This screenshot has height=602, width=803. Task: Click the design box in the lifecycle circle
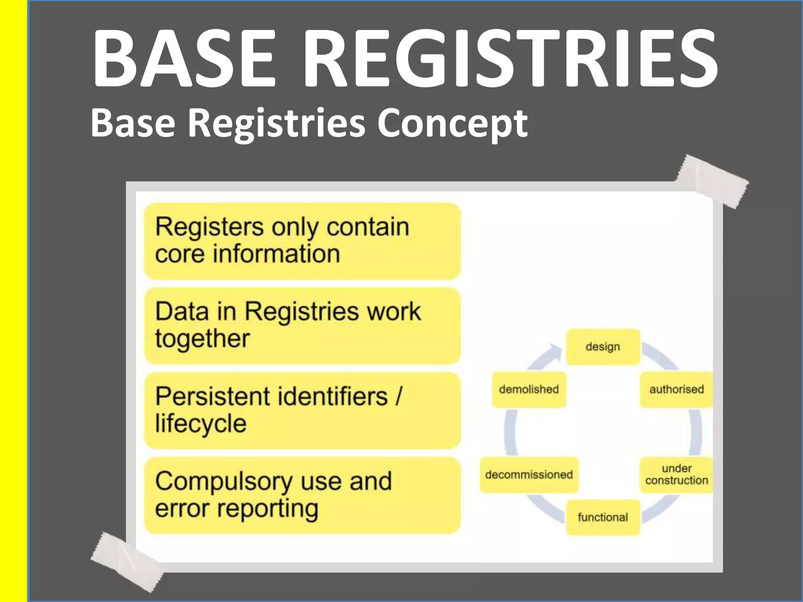[603, 347]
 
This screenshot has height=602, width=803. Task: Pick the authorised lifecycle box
[676, 390]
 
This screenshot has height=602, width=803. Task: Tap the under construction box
[676, 474]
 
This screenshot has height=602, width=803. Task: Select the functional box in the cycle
[603, 517]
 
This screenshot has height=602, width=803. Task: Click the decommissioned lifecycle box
[529, 475]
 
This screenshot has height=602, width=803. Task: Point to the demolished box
[529, 390]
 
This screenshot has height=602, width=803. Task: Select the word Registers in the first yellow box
[209, 227]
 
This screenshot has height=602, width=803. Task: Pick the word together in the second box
[202, 339]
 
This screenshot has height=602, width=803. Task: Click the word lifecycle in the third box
[201, 424]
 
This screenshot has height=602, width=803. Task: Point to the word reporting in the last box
[267, 509]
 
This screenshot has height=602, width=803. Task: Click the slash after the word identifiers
[399, 396]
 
